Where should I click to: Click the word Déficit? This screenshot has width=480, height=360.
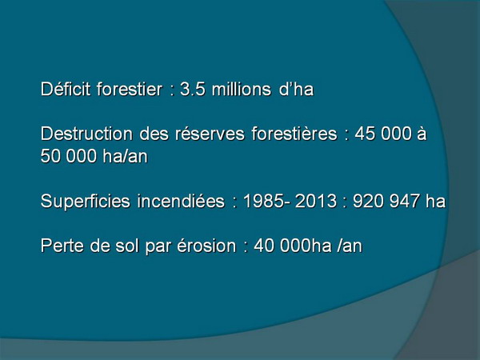[x=66, y=89]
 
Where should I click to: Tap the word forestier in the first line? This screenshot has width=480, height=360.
[x=130, y=89]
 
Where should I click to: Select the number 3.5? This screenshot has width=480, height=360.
[x=193, y=90]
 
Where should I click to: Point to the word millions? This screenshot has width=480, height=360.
[x=242, y=89]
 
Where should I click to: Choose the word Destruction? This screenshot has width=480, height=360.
[x=86, y=134]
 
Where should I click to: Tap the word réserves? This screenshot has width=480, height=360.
[x=210, y=134]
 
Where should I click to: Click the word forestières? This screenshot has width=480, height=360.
[x=294, y=134]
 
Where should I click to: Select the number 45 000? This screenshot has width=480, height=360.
[x=383, y=134]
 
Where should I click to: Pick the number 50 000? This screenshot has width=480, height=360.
[x=69, y=156]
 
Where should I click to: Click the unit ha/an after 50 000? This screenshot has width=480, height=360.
[x=126, y=156]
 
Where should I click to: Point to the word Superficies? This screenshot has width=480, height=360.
[x=86, y=201]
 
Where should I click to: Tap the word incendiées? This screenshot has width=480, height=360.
[x=181, y=201]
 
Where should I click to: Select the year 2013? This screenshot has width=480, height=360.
[x=316, y=202]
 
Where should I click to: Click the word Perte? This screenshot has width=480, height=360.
[x=62, y=246]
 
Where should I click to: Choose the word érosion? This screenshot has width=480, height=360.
[x=206, y=246]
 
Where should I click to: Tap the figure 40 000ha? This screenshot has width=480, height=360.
[x=293, y=246]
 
